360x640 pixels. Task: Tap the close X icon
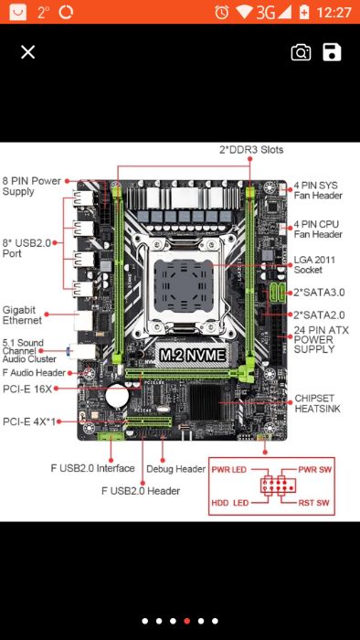(x=27, y=52)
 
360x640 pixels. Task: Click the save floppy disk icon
(x=332, y=52)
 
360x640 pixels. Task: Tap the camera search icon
(x=301, y=52)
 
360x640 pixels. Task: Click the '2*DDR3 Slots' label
(x=250, y=150)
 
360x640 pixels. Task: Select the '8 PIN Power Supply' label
(x=31, y=186)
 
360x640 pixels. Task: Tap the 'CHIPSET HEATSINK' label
(x=316, y=404)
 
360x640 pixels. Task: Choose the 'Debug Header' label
(x=183, y=469)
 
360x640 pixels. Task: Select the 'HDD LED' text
(x=230, y=503)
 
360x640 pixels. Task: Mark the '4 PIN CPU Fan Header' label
(x=317, y=229)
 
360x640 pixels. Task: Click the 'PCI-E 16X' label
(x=26, y=389)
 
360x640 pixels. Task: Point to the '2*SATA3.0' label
(x=319, y=293)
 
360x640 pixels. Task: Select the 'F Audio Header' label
(x=34, y=372)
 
